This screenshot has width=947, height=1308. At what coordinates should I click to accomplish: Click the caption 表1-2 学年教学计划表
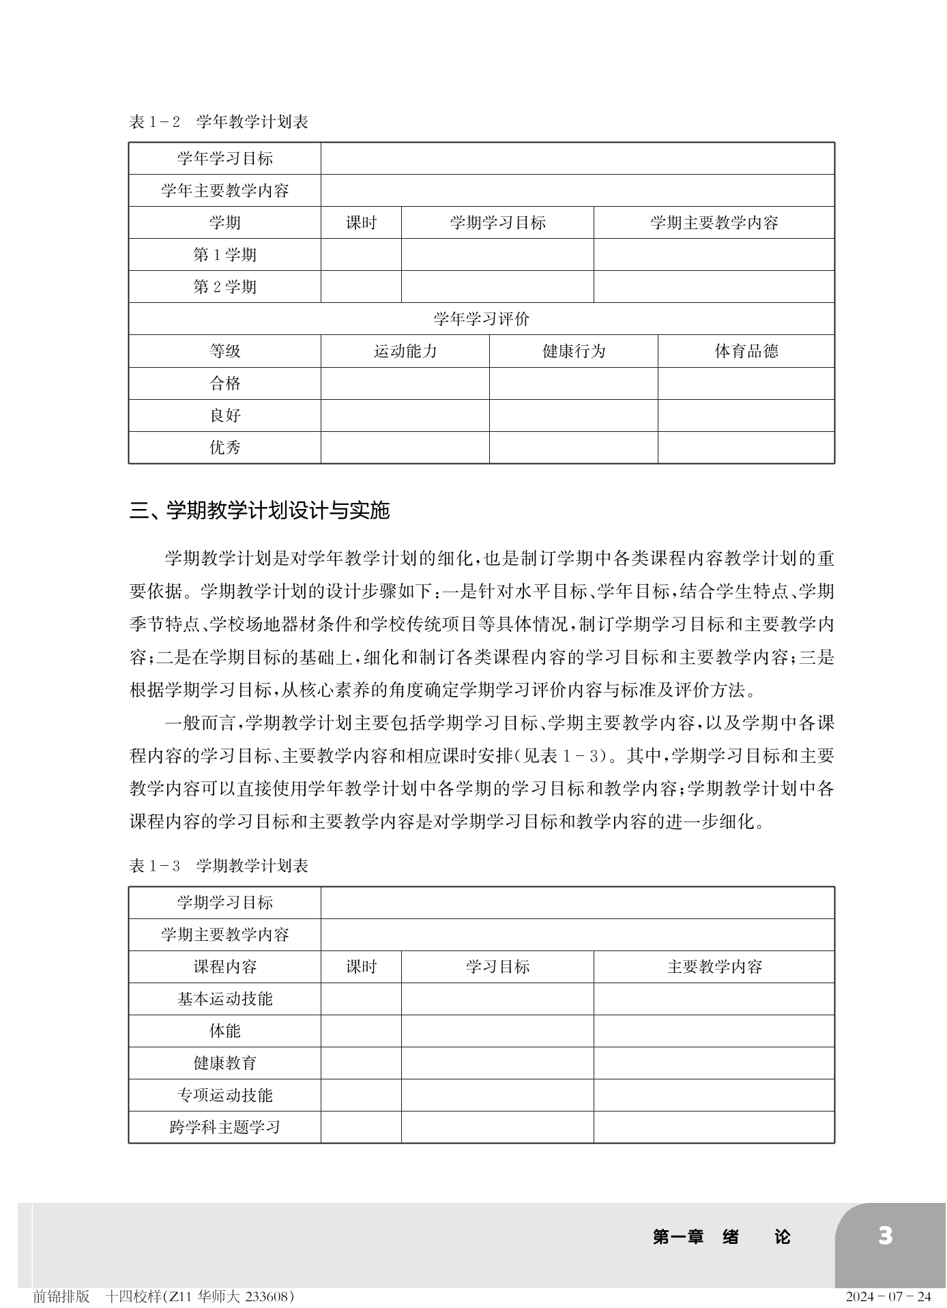218,122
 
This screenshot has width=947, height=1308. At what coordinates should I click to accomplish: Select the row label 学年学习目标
224,158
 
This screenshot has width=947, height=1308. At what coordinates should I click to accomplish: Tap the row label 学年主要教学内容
224,190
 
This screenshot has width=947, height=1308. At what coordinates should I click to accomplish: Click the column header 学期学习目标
497,222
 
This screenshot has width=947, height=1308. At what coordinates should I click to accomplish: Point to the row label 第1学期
224,255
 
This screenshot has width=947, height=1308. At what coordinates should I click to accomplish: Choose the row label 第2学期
224,287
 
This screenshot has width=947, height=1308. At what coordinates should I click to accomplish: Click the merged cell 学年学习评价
481,319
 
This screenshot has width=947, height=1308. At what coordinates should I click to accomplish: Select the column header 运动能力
405,351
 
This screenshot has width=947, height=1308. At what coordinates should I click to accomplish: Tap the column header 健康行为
573,351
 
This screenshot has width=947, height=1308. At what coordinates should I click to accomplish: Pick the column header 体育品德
746,351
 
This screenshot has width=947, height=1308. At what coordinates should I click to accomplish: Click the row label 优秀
224,448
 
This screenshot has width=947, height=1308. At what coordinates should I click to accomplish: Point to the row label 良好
224,416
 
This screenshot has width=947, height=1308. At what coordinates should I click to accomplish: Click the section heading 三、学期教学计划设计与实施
259,510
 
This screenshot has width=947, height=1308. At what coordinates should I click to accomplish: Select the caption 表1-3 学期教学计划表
218,866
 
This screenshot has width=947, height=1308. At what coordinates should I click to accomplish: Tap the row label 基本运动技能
224,999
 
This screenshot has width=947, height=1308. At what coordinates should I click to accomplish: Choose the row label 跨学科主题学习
224,1127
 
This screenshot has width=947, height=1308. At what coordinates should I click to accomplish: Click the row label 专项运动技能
224,1095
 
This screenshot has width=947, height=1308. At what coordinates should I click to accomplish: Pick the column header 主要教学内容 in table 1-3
714,967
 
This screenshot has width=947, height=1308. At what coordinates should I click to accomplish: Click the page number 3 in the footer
885,1236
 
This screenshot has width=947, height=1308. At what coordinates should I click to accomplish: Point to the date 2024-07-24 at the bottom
888,1296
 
